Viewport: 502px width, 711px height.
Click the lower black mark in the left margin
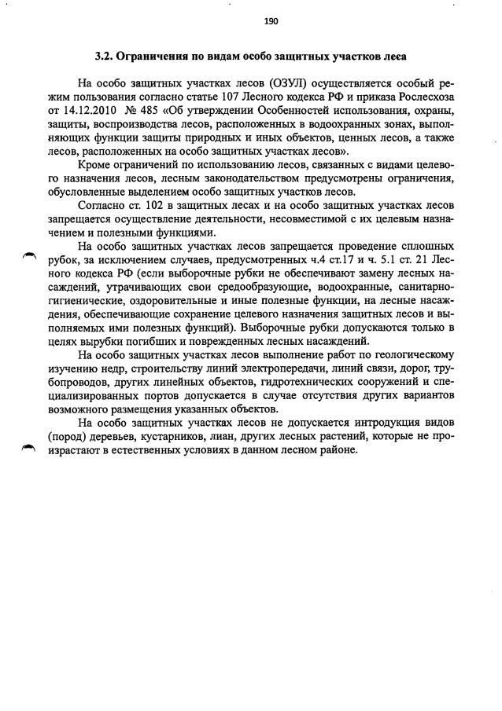(30, 447)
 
